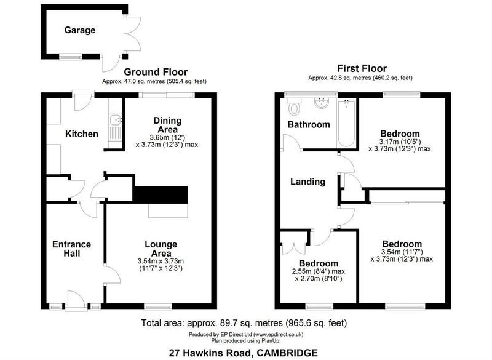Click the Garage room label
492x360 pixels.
[80, 30]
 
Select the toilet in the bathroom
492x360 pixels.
[295, 106]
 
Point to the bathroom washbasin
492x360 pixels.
[321, 103]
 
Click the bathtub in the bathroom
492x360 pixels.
[347, 123]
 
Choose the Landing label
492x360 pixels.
[307, 182]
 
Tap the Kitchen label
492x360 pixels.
[82, 134]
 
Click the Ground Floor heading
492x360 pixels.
[156, 72]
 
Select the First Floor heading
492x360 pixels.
[362, 68]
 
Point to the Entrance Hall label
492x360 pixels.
[71, 249]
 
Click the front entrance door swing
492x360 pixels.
[76, 300]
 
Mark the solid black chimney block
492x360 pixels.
[161, 195]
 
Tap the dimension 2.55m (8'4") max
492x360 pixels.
[319, 271]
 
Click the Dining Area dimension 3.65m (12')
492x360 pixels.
[167, 137]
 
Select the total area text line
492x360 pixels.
[244, 323]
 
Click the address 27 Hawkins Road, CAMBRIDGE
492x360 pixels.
[243, 353]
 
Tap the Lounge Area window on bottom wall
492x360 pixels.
[158, 306]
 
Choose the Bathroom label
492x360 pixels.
[309, 124]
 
